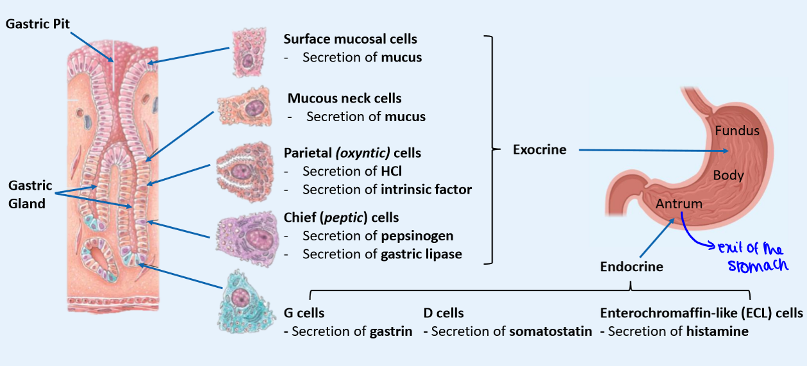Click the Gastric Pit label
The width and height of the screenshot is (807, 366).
(38, 24)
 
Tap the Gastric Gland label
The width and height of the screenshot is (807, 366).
(29, 194)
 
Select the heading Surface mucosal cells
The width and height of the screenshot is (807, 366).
(350, 39)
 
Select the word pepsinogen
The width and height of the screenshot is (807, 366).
(417, 235)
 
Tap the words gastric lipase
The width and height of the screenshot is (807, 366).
(421, 254)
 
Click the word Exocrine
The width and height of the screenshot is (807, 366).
(540, 149)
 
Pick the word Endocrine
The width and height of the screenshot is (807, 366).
(631, 266)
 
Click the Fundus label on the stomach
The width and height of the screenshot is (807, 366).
(737, 131)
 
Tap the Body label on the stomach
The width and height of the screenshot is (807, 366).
(728, 174)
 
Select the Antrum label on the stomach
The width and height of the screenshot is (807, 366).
(679, 204)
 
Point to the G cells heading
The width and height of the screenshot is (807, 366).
(304, 313)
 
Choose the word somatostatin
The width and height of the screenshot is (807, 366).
(551, 332)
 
